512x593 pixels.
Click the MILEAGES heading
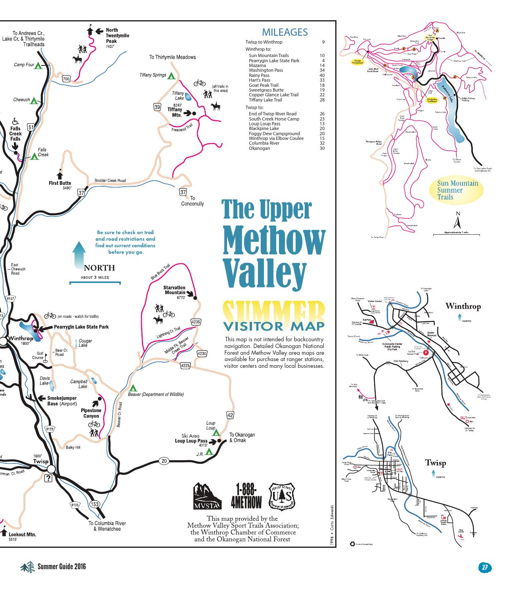pos(285,33)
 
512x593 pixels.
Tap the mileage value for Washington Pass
pos(322,70)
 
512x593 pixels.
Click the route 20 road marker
pos(164,461)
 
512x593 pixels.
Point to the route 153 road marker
pos(95,504)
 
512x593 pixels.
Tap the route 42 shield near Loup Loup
pos(230,415)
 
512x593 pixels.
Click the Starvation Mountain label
pos(174,290)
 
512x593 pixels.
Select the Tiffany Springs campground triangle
pos(171,75)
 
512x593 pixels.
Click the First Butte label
pos(60,183)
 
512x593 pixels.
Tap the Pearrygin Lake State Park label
pos(81,327)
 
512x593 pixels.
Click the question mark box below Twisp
pos(49,478)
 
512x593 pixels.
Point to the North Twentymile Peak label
pos(117,36)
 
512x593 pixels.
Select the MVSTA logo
pos(205,496)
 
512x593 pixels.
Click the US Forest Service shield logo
pos(282,495)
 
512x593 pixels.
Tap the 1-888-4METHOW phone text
pos(246,496)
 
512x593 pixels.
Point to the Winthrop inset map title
pos(463,306)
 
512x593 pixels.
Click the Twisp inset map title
pos(436,463)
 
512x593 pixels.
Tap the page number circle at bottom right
pos(484,567)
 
